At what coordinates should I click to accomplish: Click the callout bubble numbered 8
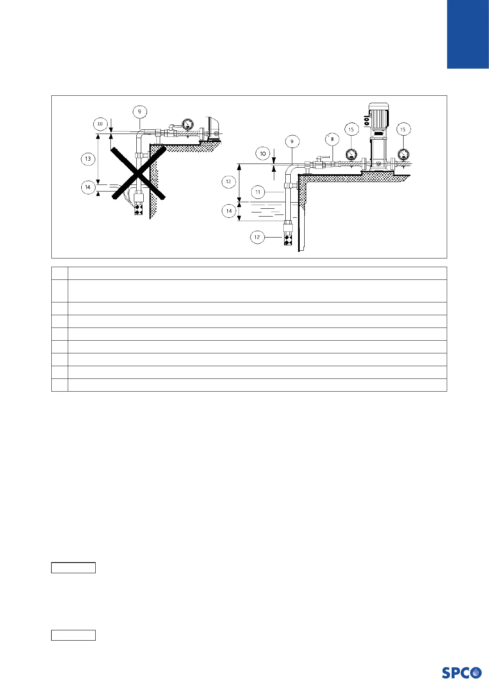tap(332, 139)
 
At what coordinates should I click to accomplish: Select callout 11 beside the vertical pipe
tap(258, 192)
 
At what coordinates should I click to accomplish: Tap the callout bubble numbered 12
tap(257, 237)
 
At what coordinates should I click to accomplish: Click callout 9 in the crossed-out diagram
tap(140, 111)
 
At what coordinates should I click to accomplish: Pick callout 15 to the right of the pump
tap(403, 129)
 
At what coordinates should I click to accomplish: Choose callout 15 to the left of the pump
tap(351, 129)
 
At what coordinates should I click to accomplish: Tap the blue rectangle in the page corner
tap(468, 34)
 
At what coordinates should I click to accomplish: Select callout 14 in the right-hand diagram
tap(229, 211)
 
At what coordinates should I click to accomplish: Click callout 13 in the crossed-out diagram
tap(88, 159)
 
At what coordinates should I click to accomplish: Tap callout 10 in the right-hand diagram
tap(263, 154)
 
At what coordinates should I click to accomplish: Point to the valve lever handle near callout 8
tap(324, 157)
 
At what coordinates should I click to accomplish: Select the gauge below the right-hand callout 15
tap(403, 154)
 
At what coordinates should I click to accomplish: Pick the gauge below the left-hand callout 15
tap(351, 155)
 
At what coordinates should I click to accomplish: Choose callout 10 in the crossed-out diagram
tap(100, 124)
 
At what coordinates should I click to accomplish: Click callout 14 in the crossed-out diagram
tap(88, 187)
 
